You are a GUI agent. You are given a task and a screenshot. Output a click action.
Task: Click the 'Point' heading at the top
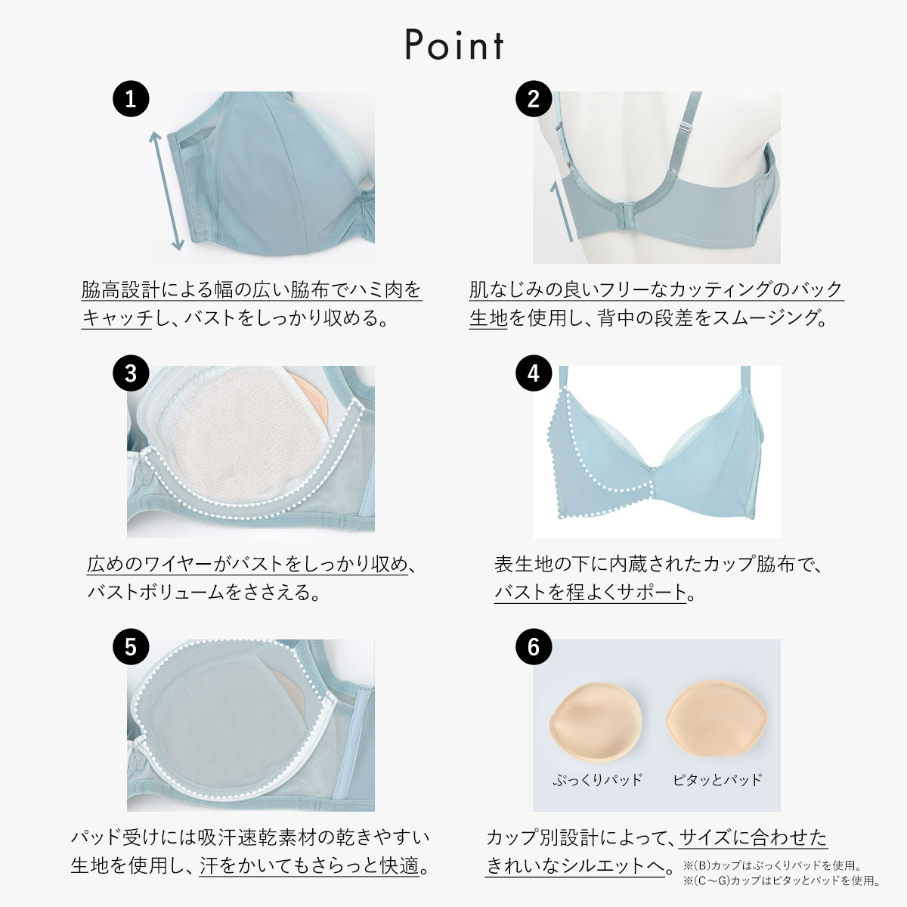tap(454, 45)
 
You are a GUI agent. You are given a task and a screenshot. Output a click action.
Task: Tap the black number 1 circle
tap(131, 99)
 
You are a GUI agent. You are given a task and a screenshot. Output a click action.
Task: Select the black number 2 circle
tap(534, 99)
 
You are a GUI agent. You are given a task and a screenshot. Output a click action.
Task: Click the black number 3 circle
tap(131, 373)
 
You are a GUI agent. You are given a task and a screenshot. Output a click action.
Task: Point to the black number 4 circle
tap(534, 373)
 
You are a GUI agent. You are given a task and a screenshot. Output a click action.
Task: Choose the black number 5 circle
tap(131, 647)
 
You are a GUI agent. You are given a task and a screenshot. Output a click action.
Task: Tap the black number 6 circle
tap(534, 647)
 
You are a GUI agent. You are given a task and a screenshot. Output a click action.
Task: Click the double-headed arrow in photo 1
tap(166, 190)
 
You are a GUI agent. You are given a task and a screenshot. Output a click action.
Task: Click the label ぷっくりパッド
tap(597, 780)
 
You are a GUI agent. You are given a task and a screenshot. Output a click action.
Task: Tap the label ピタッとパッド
tap(717, 780)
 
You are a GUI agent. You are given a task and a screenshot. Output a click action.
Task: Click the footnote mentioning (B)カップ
tap(772, 865)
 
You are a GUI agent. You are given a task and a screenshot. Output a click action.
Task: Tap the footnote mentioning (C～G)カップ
tap(782, 881)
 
